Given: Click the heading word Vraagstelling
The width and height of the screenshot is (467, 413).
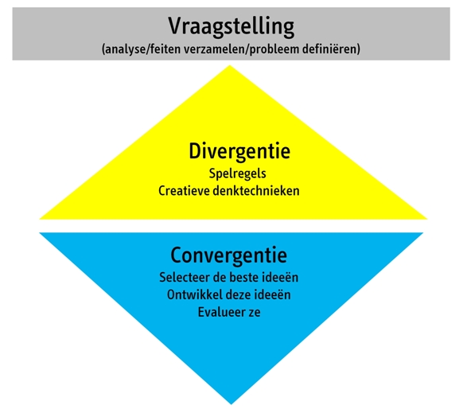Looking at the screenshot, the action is [x=232, y=27].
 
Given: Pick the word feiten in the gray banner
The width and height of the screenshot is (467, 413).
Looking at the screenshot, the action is [x=165, y=49].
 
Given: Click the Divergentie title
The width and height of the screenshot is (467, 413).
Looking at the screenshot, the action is [x=239, y=152].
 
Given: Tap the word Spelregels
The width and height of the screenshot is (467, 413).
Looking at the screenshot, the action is [x=237, y=174].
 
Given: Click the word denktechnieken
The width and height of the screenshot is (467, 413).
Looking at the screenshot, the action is [x=256, y=191].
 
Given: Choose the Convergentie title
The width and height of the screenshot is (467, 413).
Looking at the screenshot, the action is [x=229, y=255].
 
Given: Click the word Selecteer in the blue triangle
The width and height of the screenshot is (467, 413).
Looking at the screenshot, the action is [x=185, y=278].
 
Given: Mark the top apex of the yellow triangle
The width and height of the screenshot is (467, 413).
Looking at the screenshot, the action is [x=230, y=65].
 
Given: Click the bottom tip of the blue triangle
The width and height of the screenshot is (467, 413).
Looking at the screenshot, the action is [x=232, y=404].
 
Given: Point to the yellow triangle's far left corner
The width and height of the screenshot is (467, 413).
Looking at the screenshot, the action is [x=40, y=219].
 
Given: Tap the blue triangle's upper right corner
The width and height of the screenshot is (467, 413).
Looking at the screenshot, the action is [x=423, y=233].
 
